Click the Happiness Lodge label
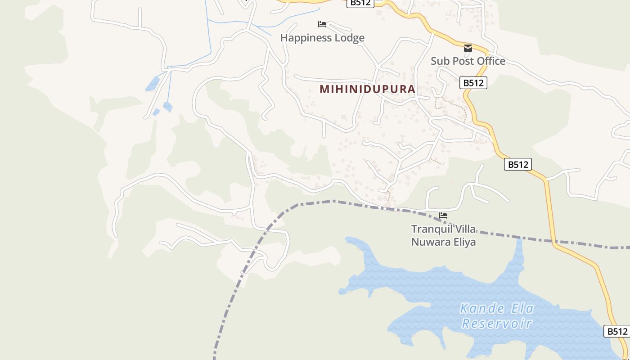[x=322, y=38]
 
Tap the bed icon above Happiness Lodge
[x=322, y=24]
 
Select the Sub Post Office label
[x=468, y=61]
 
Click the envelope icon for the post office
[x=468, y=48]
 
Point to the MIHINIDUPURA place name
[x=367, y=89]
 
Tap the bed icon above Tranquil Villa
[x=443, y=216]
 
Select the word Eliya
[x=463, y=242]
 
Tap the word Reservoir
[x=497, y=323]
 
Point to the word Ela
[x=522, y=309]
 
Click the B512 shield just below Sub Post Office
[x=473, y=83]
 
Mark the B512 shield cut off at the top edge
[x=360, y=3]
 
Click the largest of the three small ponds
[x=153, y=84]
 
